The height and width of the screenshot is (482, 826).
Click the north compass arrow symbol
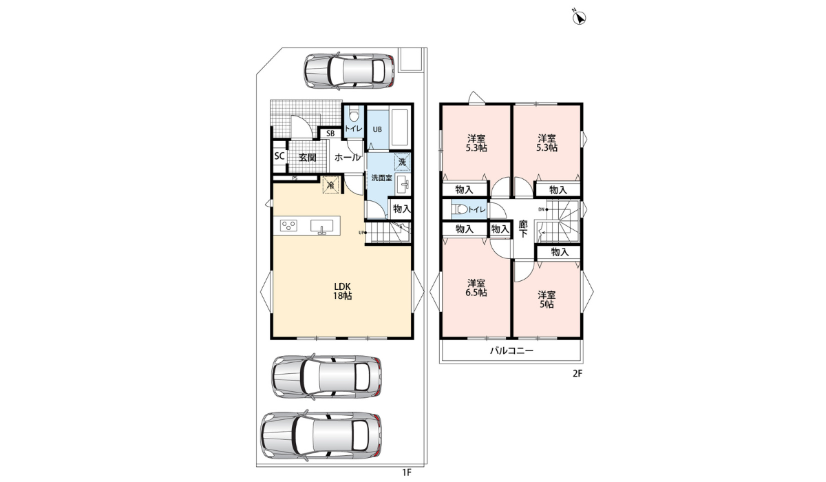click(x=580, y=17)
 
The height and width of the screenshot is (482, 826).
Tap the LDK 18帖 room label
click(x=342, y=291)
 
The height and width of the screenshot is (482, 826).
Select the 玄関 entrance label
click(x=307, y=158)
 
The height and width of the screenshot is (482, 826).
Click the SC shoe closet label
click(x=279, y=156)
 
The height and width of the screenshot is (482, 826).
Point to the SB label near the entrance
click(x=330, y=133)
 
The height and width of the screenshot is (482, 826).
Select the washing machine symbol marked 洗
click(x=402, y=162)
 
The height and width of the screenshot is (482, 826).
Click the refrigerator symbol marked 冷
click(x=331, y=185)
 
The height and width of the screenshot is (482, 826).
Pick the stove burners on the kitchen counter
click(x=288, y=225)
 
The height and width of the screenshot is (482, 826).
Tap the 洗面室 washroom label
click(x=381, y=178)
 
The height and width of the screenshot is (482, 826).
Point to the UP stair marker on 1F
click(x=363, y=232)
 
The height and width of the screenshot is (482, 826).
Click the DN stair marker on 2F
click(x=543, y=209)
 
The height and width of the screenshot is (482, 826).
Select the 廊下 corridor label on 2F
click(x=523, y=229)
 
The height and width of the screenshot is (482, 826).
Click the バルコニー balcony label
click(x=511, y=350)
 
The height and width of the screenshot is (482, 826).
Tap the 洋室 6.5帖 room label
click(x=476, y=288)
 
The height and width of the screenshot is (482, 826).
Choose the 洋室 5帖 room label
click(x=547, y=300)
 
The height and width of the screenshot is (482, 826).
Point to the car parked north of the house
click(x=350, y=71)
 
